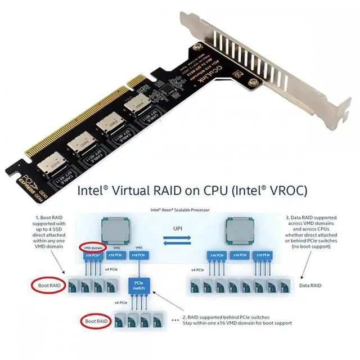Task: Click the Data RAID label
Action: coord(310,285)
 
